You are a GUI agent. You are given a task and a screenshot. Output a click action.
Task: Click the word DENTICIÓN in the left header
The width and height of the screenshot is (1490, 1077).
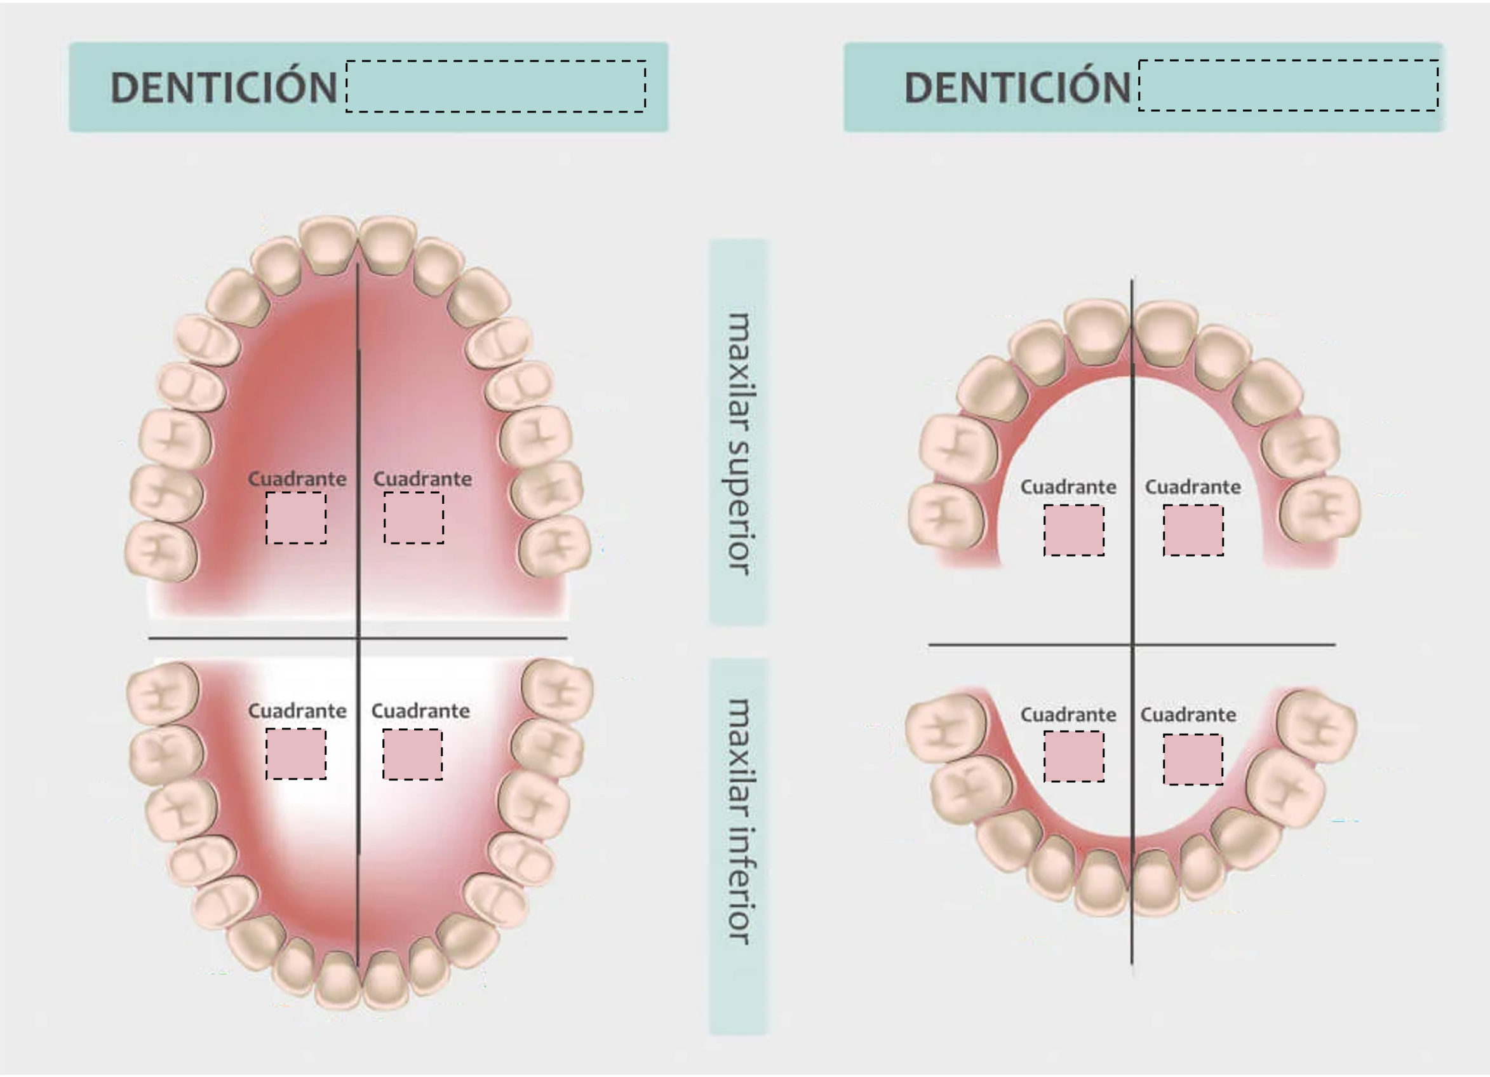pyautogui.click(x=224, y=88)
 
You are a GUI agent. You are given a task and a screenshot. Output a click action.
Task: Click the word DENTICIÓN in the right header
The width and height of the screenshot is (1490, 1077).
pyautogui.click(x=1017, y=88)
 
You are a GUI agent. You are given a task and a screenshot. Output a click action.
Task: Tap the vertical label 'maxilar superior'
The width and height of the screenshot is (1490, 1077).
pyautogui.click(x=739, y=444)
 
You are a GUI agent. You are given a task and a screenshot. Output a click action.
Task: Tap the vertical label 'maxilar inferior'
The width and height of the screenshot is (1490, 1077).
pyautogui.click(x=739, y=822)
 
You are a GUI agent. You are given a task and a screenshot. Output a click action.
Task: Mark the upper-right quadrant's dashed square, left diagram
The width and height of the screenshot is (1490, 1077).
pyautogui.click(x=414, y=518)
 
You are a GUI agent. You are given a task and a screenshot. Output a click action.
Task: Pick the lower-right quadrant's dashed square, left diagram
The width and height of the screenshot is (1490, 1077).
pyautogui.click(x=413, y=754)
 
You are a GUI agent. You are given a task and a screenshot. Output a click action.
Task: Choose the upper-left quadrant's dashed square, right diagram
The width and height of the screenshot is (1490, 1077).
pyautogui.click(x=1074, y=531)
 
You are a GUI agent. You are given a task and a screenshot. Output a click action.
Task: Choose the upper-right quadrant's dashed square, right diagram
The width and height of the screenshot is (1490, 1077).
pyautogui.click(x=1193, y=531)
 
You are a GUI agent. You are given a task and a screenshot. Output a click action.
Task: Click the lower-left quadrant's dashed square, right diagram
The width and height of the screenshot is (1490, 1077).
pyautogui.click(x=1074, y=757)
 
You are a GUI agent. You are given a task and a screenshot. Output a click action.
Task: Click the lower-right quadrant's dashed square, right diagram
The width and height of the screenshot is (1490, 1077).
pyautogui.click(x=1193, y=759)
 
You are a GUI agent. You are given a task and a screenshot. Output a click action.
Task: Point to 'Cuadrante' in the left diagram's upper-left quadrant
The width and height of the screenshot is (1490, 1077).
pyautogui.click(x=297, y=479)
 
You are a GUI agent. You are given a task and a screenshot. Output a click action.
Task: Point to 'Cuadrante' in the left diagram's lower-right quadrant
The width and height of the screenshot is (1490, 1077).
pyautogui.click(x=420, y=711)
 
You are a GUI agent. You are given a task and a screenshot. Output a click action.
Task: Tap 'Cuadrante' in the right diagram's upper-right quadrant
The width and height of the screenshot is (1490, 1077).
pyautogui.click(x=1193, y=487)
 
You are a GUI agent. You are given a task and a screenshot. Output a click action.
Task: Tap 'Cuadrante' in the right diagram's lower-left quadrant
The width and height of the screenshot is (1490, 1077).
pyautogui.click(x=1068, y=714)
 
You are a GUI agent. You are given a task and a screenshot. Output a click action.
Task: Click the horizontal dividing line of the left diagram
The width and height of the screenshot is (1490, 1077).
pyautogui.click(x=358, y=637)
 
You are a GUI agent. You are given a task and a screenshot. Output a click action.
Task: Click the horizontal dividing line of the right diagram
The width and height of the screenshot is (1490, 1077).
pyautogui.click(x=1132, y=645)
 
